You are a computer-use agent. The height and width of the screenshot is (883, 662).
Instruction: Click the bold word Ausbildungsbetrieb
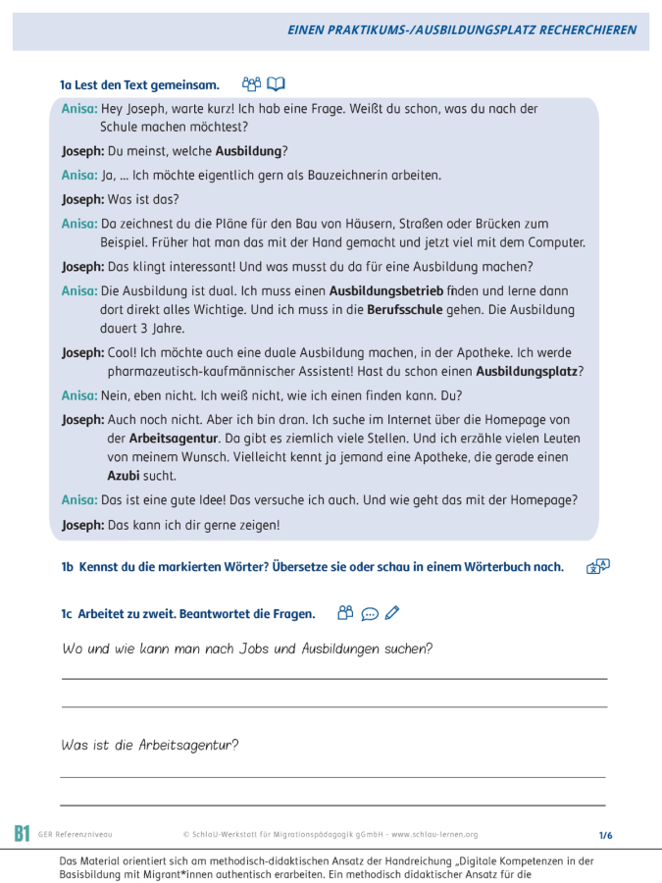click(386, 291)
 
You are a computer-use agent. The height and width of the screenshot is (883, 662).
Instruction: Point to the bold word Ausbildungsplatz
click(527, 371)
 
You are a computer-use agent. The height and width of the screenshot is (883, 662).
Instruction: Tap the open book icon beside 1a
click(277, 84)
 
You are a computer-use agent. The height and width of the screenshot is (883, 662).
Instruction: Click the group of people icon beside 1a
click(251, 84)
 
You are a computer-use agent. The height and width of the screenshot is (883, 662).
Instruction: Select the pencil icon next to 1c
click(392, 614)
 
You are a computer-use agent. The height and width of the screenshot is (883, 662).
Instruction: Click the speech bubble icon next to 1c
click(370, 614)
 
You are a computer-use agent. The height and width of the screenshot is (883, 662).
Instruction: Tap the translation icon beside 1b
click(597, 566)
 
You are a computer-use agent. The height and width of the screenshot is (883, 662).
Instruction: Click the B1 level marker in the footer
click(22, 834)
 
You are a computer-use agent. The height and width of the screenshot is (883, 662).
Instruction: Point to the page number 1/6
click(605, 835)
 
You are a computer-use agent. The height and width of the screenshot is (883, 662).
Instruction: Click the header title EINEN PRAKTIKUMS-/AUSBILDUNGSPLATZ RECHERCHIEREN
click(462, 30)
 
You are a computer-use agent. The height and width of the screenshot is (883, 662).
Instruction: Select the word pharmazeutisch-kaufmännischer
click(203, 371)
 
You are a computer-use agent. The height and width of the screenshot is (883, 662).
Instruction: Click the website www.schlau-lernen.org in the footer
click(434, 835)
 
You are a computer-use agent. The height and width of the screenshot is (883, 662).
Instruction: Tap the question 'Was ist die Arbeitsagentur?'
click(149, 745)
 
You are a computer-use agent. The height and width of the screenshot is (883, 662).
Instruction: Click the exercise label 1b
click(68, 567)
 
